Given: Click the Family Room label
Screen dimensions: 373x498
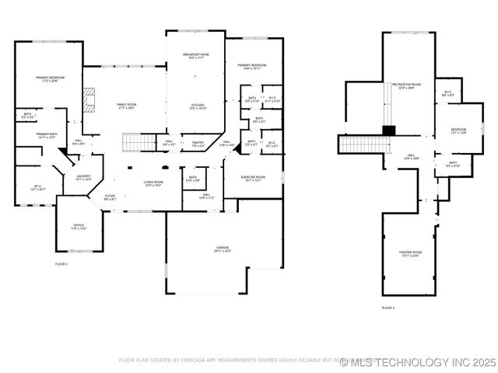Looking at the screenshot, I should (x=125, y=106).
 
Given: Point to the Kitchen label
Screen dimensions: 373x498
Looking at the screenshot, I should (x=198, y=107).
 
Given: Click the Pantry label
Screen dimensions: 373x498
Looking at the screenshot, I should (x=198, y=144).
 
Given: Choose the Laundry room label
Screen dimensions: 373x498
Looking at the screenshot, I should (x=83, y=178).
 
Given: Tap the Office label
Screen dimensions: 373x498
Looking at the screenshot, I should (x=79, y=227).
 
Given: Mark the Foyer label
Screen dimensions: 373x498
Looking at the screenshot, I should (x=110, y=197).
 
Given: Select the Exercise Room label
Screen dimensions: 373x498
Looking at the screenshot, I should (x=254, y=179).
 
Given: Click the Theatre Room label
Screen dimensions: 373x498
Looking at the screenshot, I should (x=411, y=253).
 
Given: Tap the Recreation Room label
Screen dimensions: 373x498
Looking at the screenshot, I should (x=406, y=85).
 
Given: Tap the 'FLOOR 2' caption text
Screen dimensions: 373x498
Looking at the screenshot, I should (x=388, y=309).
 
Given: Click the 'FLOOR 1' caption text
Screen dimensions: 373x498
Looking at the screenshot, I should (x=61, y=264).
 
